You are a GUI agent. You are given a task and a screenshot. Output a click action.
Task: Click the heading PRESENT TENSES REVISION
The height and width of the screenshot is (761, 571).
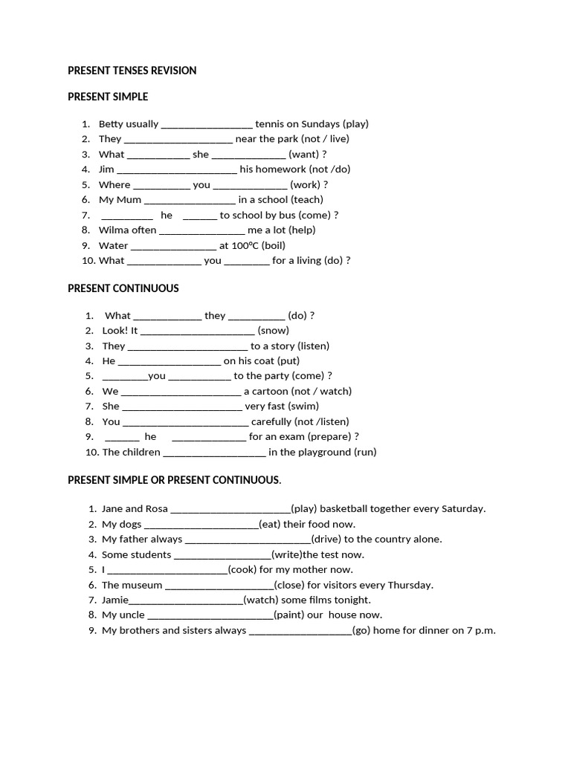(132, 71)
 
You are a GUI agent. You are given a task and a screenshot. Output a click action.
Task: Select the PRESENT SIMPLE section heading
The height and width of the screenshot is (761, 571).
(108, 97)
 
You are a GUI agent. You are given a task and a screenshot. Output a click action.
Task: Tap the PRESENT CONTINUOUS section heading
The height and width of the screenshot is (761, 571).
(123, 288)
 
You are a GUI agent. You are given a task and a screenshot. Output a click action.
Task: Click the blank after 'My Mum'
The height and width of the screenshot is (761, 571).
(190, 200)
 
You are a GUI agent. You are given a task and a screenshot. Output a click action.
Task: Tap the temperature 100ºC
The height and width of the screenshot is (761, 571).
(245, 245)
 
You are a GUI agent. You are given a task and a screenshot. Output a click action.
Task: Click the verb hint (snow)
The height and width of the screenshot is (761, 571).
(273, 331)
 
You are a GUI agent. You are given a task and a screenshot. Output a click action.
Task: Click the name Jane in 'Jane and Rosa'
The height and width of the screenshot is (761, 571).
(112, 509)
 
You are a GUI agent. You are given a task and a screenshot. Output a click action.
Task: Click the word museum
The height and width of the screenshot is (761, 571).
(141, 585)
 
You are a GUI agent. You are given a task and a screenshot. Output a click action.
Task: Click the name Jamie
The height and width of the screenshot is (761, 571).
(115, 600)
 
